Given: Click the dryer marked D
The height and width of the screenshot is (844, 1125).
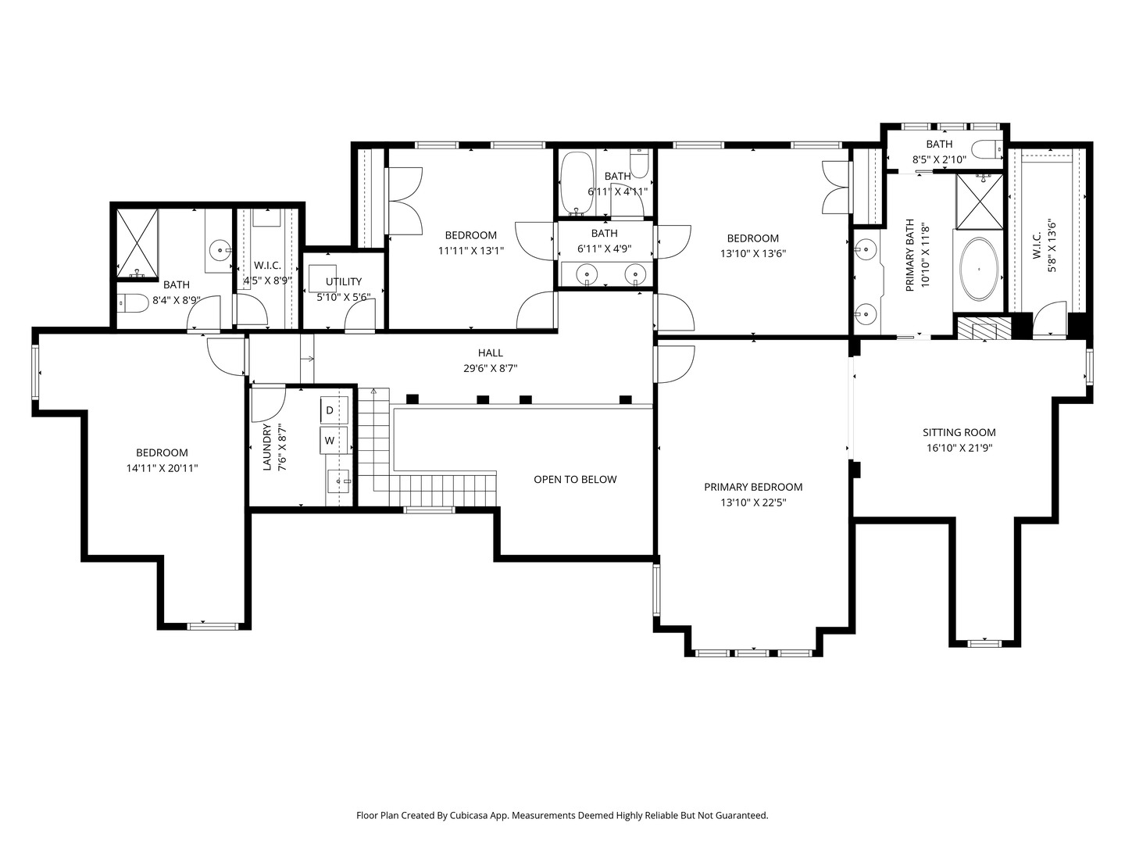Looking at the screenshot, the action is click(x=334, y=410).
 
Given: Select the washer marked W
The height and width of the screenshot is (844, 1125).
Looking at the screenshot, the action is click(x=334, y=440).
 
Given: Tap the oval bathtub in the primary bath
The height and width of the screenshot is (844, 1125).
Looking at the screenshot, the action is click(x=978, y=269).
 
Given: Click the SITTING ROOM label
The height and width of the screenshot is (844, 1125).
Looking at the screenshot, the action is click(x=959, y=432).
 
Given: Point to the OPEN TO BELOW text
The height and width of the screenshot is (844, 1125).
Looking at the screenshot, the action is click(x=575, y=480).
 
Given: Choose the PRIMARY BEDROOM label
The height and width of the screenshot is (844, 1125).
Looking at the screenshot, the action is click(x=753, y=488).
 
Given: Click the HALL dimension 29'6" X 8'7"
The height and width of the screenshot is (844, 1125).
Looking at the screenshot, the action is click(x=491, y=368).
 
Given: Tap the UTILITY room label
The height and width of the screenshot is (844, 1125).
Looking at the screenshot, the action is click(x=344, y=282).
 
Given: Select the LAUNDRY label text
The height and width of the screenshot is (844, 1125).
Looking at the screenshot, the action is click(x=266, y=447).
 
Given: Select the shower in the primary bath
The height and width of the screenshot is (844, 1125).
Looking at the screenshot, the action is click(x=980, y=202).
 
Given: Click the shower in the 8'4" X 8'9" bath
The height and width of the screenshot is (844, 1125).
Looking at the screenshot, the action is click(x=137, y=243).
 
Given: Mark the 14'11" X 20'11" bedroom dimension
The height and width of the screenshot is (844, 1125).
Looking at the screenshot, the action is click(x=162, y=468).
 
